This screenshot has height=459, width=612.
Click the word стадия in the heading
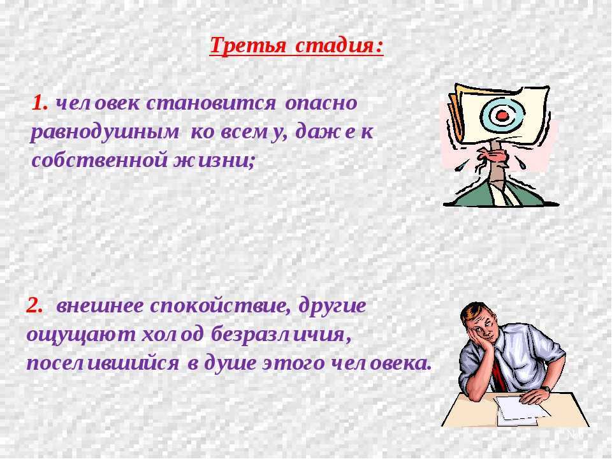[x=335, y=47]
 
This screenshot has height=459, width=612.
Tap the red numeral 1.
[x=40, y=103]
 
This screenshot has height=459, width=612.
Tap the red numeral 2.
[x=34, y=305]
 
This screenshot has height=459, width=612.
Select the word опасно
[x=321, y=103]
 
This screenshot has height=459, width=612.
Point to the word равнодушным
[x=105, y=133]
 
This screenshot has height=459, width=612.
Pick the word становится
[x=211, y=103]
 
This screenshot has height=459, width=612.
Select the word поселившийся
[x=103, y=364]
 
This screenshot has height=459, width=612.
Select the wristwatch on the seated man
[x=546, y=388]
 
